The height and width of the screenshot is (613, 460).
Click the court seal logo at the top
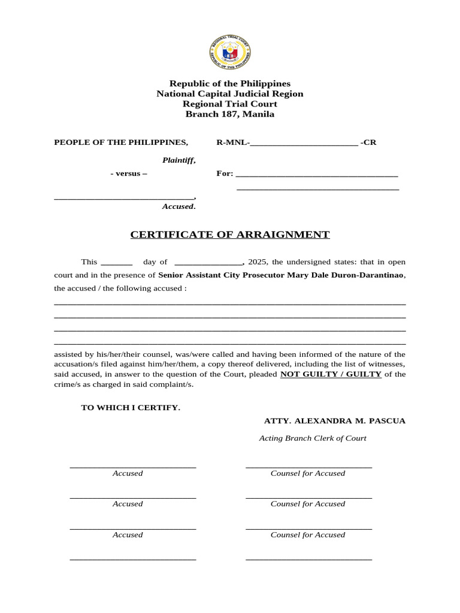click(230, 52)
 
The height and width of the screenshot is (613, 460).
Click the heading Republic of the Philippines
click(230, 84)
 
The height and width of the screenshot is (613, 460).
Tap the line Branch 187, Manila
click(230, 114)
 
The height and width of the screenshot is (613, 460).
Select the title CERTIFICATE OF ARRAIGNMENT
click(230, 235)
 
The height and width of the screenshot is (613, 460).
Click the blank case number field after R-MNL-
click(304, 142)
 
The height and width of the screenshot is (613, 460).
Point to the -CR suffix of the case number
click(368, 142)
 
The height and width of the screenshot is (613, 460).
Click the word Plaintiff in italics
click(178, 160)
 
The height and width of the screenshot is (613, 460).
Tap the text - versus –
click(129, 174)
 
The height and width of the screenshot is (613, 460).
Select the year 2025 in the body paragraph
click(258, 262)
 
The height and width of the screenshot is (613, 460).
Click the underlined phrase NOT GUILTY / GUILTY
click(331, 374)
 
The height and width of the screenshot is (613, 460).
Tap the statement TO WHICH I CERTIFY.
click(131, 408)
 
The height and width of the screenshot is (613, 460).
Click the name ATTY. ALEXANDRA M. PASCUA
click(335, 421)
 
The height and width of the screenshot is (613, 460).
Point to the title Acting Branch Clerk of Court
click(313, 438)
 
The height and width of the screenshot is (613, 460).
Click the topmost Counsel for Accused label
click(308, 474)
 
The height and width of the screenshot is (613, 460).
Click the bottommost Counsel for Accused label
click(308, 535)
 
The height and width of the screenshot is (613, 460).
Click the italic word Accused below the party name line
click(178, 207)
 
